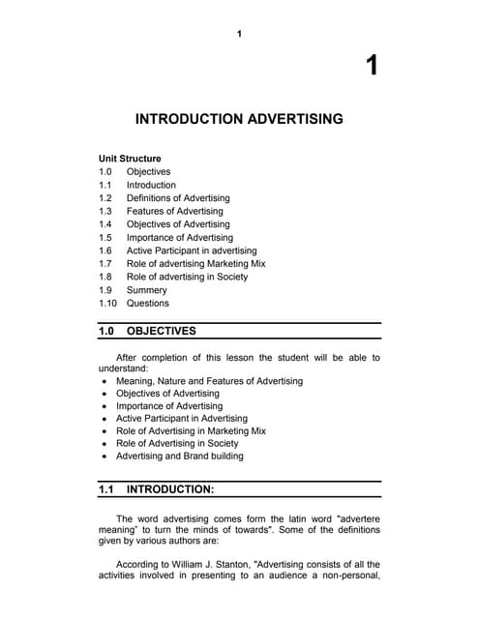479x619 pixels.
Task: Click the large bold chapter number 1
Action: (x=372, y=66)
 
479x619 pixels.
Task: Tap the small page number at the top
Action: (x=239, y=35)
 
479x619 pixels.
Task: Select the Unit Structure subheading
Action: (x=130, y=159)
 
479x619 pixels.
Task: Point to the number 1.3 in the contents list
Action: (x=105, y=211)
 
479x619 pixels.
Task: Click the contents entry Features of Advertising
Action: (x=174, y=211)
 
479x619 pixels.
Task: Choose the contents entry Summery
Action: (x=146, y=290)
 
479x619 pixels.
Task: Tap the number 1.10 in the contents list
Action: (x=108, y=303)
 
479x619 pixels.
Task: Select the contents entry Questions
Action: (x=147, y=303)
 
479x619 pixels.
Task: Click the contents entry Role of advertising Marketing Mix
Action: (x=195, y=263)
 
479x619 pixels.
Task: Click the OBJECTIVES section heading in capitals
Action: (x=161, y=331)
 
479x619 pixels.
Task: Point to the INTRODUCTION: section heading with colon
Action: (x=170, y=489)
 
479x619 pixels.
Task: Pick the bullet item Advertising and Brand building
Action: (x=179, y=456)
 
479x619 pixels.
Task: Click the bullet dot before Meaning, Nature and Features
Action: (x=104, y=381)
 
